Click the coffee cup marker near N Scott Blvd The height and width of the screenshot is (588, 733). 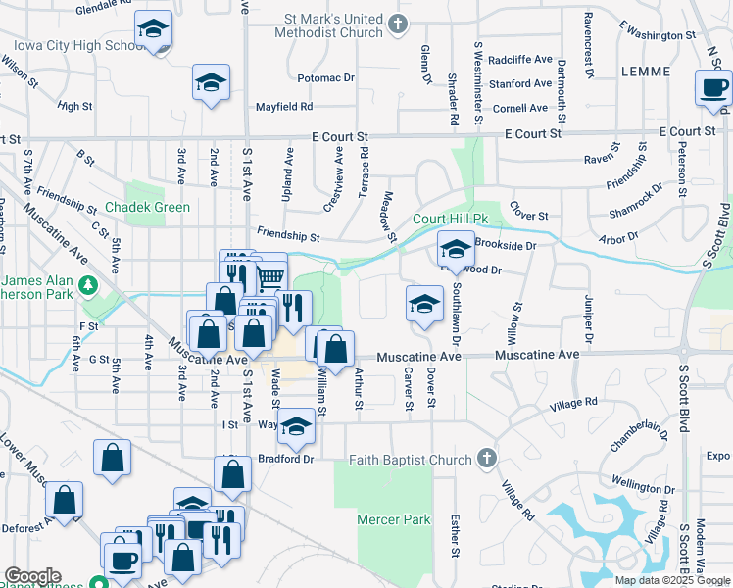[712, 88]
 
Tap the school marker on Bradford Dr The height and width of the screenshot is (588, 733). [297, 426]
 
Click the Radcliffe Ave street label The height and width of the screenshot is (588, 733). [520, 59]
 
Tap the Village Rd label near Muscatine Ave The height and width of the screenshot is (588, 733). [573, 403]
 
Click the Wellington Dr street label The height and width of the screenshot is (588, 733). [643, 482]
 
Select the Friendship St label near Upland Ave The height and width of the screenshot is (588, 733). [288, 236]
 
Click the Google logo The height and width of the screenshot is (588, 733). [31, 576]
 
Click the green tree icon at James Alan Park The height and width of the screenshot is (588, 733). [88, 285]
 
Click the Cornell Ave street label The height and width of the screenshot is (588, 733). [520, 109]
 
